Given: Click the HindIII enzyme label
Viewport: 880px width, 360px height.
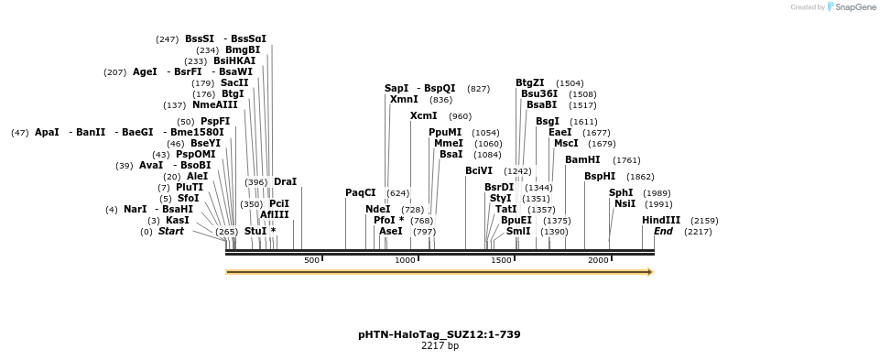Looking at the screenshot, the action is [661, 221].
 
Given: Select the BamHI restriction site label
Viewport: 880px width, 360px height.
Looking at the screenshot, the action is [582, 160].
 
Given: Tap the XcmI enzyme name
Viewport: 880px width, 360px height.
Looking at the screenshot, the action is [424, 116].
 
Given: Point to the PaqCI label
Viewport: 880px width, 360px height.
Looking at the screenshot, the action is [360, 193].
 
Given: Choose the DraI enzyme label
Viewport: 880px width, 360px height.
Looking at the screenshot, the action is [285, 182].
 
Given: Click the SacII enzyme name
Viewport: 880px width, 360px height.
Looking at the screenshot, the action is [234, 83].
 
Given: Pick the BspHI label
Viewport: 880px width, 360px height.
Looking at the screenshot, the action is [600, 177].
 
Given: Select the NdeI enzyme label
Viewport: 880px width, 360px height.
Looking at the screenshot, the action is [377, 210].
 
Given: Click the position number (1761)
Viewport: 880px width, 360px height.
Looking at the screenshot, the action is [626, 160].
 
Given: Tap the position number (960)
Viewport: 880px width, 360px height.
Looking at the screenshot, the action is [461, 117].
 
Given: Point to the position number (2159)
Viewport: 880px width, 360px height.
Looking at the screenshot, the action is [704, 222].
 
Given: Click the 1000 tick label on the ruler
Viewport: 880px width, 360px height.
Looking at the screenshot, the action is [406, 260].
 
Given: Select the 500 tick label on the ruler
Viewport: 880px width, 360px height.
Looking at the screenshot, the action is [311, 260].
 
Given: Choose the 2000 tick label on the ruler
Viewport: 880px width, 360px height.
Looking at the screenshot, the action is [599, 260].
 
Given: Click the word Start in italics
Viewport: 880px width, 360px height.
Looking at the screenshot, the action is [170, 232].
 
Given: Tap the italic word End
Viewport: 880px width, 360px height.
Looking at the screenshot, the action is [663, 232].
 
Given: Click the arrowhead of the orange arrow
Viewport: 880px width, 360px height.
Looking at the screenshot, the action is [651, 272].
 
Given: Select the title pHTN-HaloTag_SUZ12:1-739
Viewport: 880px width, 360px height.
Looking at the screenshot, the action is [440, 334].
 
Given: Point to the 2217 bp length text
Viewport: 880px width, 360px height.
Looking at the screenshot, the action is [440, 346].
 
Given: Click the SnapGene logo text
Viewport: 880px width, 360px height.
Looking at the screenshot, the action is [855, 7].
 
